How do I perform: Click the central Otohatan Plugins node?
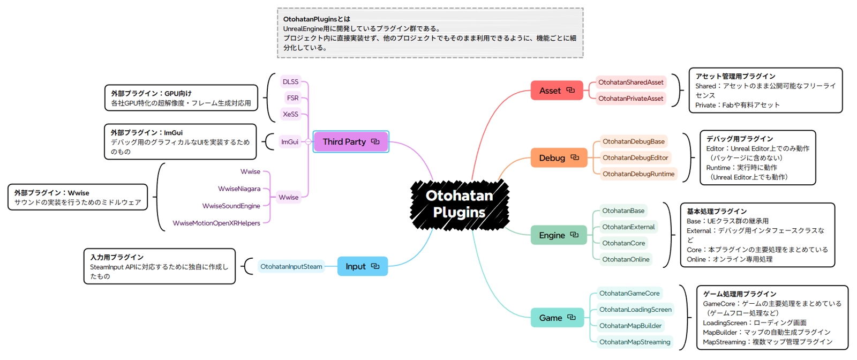tap(460, 204)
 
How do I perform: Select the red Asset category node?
tap(557, 91)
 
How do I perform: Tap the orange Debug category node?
tap(559, 157)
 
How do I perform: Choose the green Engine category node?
tap(559, 235)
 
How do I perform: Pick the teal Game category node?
tap(557, 318)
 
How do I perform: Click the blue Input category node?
tap(362, 266)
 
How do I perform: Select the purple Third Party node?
tap(351, 141)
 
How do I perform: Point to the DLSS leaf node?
tap(290, 82)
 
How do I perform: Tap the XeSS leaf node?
tap(290, 114)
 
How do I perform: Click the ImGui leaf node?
tap(290, 142)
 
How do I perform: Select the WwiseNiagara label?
tap(239, 189)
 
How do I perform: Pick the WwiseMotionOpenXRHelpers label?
tap(216, 223)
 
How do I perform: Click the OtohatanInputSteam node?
tap(291, 267)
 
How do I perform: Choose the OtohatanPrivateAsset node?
tap(630, 99)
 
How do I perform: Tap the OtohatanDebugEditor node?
tap(635, 157)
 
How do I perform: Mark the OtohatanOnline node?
tap(626, 259)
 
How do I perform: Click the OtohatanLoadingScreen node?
tap(635, 310)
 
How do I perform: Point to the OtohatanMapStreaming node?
tap(635, 342)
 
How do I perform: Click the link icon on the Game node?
tap(571, 317)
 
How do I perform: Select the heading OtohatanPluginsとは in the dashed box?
tap(317, 19)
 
